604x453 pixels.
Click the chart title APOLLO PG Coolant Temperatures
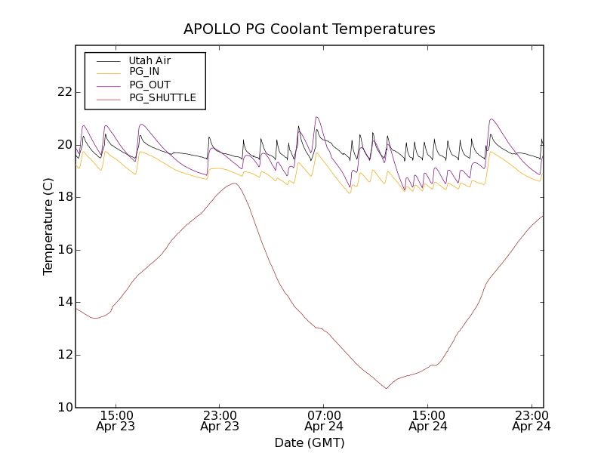[310, 29]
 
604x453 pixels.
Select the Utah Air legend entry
[149, 60]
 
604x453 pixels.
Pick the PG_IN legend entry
[144, 72]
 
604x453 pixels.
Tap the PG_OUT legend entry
[149, 85]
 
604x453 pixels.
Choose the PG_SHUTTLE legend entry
[162, 97]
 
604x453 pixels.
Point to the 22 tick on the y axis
[63, 92]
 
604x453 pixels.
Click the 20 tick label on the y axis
[63, 145]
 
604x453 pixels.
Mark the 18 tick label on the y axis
[63, 197]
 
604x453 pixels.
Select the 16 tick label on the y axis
[63, 250]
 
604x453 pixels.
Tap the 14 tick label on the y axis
[63, 302]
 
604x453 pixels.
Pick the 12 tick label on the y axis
[63, 355]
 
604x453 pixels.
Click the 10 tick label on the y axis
[63, 408]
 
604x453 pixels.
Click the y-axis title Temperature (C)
[48, 226]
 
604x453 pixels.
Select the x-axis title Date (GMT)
[310, 442]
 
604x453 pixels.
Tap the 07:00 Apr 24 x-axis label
[323, 421]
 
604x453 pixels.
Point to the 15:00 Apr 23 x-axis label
[116, 421]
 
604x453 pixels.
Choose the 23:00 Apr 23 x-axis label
[220, 421]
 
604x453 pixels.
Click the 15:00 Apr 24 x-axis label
[427, 421]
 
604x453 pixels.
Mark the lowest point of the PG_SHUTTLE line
[387, 388]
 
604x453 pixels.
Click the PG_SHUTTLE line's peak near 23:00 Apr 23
[235, 183]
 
